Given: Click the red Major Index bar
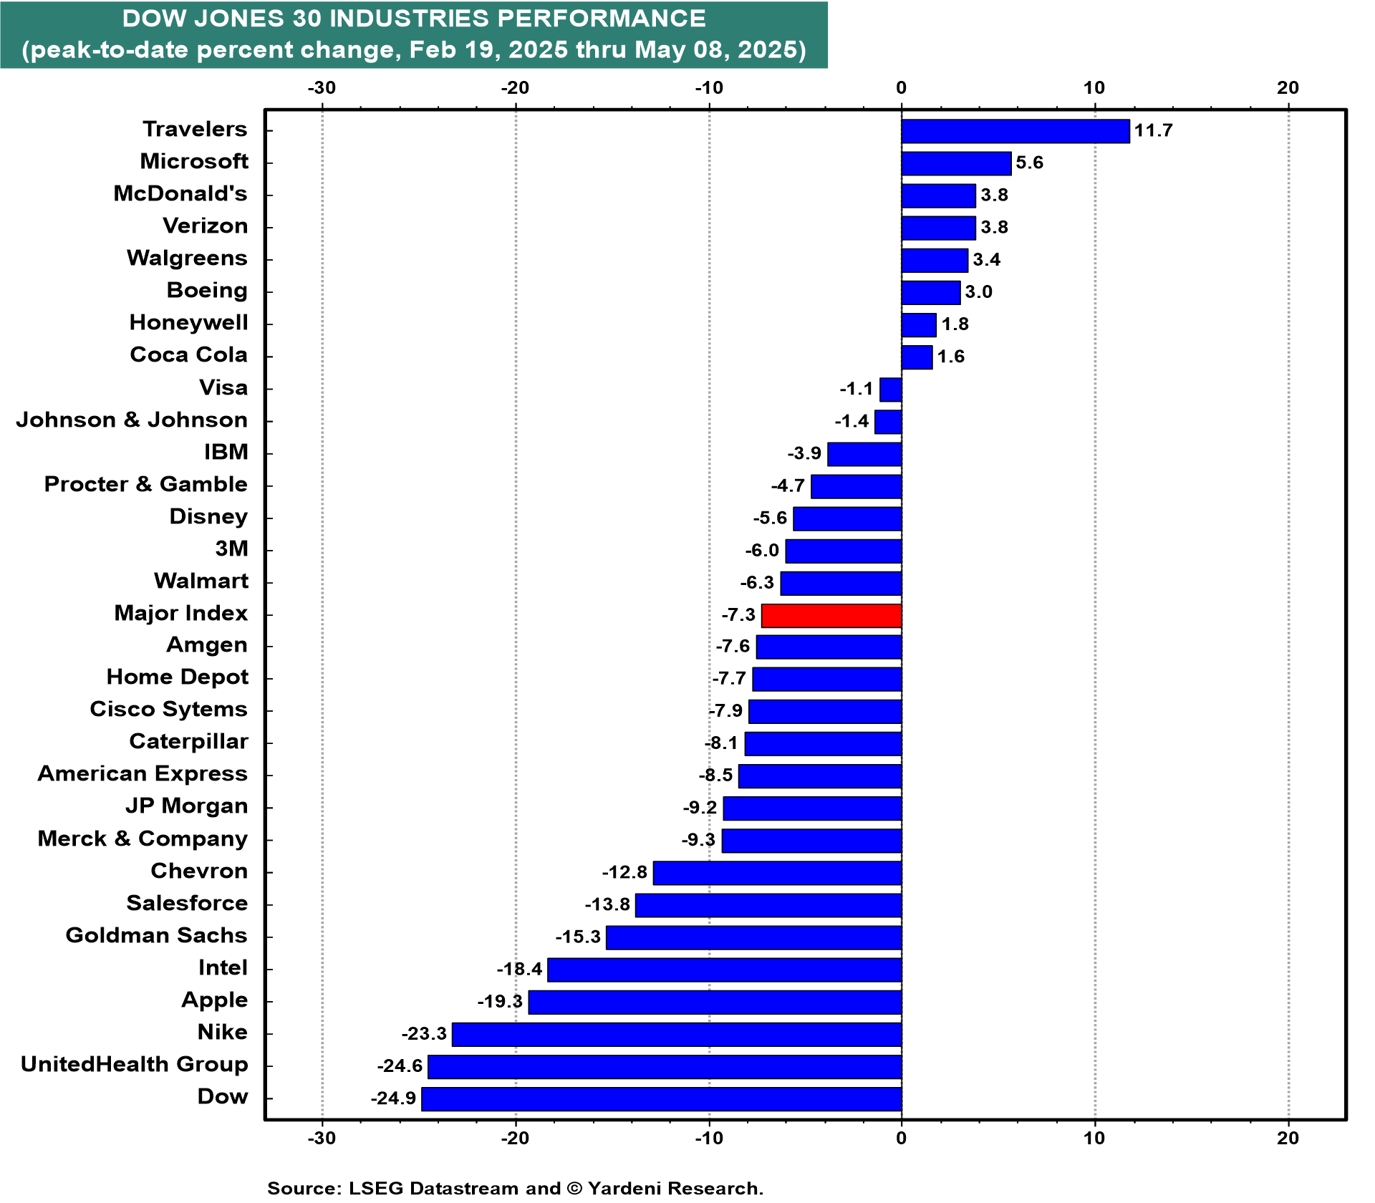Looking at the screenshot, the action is (x=831, y=616).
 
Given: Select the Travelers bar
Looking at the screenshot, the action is (x=1015, y=131).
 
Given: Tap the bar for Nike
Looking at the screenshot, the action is (x=677, y=1034).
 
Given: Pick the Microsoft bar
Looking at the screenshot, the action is (x=956, y=163).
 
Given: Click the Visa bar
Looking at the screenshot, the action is (x=891, y=390).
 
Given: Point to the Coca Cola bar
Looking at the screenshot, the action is (x=917, y=357).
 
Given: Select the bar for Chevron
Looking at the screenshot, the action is (x=778, y=873).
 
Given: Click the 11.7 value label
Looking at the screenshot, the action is (x=1153, y=130).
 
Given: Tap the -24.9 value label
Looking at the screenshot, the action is (x=393, y=1098).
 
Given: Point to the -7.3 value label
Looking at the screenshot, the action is (x=738, y=615).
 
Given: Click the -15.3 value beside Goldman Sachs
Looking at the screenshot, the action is (x=578, y=937).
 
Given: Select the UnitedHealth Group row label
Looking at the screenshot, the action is (x=134, y=1065).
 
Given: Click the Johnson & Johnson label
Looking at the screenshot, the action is (x=132, y=420).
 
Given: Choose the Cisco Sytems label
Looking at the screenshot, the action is (x=168, y=710).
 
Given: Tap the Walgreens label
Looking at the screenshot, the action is (x=187, y=259).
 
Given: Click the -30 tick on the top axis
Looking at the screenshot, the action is (x=322, y=88).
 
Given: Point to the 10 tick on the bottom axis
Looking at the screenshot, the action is (x=1094, y=1139).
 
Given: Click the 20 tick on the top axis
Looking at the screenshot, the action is (x=1288, y=88).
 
